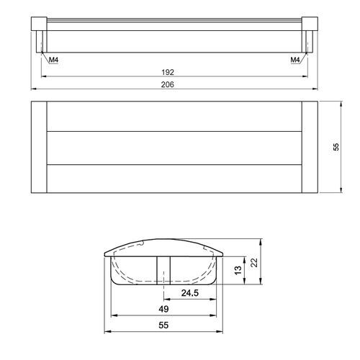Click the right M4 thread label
[294, 60]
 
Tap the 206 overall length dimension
[170, 84]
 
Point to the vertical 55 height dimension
[336, 147]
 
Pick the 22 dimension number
[253, 264]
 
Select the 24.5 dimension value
[190, 293]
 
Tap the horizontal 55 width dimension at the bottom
[165, 326]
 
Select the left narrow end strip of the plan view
[40, 148]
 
